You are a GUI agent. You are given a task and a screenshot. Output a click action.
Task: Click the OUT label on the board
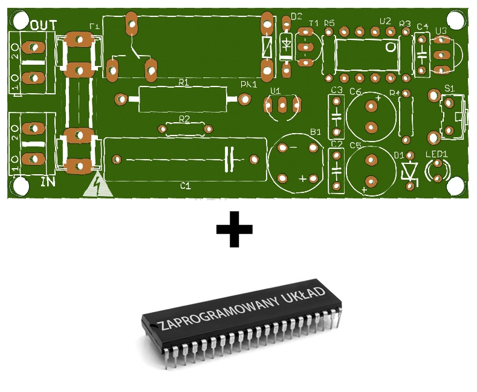coord(44,25)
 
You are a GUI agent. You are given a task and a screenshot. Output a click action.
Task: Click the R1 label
coord(184,82)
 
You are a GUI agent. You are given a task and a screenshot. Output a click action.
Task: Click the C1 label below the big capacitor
coord(186,186)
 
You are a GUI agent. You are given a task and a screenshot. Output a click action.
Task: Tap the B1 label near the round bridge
coord(316,132)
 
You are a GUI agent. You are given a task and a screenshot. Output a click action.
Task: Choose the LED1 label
coord(436,154)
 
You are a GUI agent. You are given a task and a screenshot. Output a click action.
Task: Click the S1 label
coord(449,89)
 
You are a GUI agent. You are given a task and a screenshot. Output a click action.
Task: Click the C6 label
coord(355,92)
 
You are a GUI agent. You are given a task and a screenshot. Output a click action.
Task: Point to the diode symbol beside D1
coord(411,171)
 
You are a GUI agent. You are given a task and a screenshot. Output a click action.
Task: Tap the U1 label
coord(276,91)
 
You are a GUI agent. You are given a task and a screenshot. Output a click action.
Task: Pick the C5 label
coord(355,146)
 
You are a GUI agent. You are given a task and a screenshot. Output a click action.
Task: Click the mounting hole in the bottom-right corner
coord(458,186)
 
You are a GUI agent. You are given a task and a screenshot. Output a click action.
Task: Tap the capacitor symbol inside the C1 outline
coord(229,158)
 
